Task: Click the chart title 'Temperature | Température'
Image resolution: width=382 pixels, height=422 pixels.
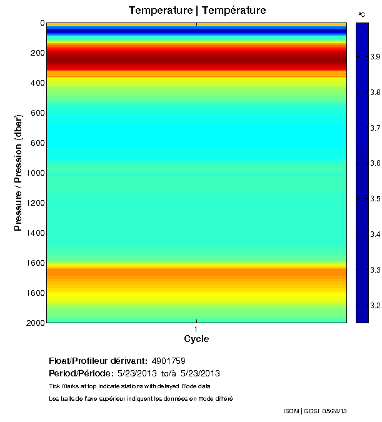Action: click(197, 11)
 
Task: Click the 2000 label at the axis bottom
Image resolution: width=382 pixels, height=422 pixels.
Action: click(35, 323)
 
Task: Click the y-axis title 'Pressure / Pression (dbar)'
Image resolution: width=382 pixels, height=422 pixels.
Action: click(19, 173)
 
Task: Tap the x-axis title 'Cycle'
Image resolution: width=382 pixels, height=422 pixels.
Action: click(196, 339)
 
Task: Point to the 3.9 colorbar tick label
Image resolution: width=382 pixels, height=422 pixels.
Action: click(375, 57)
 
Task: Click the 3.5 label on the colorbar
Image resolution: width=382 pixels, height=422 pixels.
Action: click(375, 199)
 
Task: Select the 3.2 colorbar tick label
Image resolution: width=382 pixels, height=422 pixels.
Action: click(375, 306)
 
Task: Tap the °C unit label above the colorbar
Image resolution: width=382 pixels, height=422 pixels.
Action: click(361, 14)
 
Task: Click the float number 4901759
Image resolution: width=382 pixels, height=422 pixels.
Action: click(168, 361)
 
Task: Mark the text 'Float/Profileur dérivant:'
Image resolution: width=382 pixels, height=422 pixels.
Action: click(98, 361)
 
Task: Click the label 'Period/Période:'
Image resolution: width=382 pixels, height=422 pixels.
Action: click(78, 374)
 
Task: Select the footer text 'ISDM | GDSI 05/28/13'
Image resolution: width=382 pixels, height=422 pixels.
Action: click(314, 411)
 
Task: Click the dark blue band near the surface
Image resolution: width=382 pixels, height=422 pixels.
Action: click(196, 30)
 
